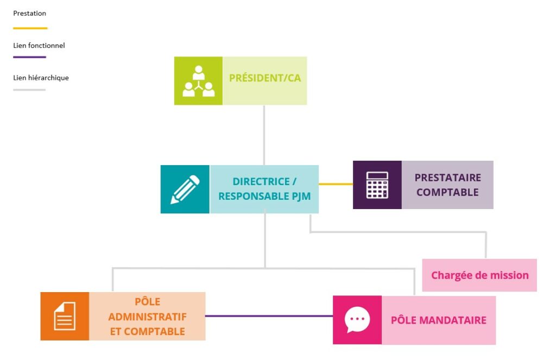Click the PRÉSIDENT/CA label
(x=264, y=78)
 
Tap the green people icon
(x=198, y=81)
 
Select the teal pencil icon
(x=185, y=189)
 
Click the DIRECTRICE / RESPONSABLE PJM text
(x=264, y=189)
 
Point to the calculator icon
(x=377, y=185)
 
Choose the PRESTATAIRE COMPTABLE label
(x=447, y=185)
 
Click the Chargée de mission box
(x=479, y=275)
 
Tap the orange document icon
(x=65, y=316)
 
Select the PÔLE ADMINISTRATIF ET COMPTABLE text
(x=147, y=316)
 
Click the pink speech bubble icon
(x=357, y=320)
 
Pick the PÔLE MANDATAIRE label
(x=438, y=320)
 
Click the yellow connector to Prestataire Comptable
(x=336, y=184)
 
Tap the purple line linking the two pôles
(x=269, y=316)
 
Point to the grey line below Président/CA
(x=264, y=135)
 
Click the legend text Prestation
(x=29, y=13)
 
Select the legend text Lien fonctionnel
(x=39, y=46)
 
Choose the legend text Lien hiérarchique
(x=41, y=78)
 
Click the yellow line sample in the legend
(x=30, y=28)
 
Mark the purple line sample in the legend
(x=29, y=57)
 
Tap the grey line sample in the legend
(x=29, y=90)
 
